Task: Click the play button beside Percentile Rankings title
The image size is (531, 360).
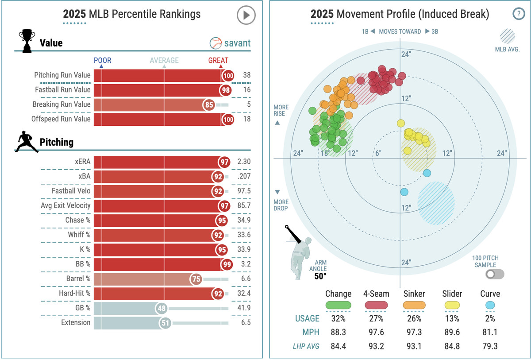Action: (x=246, y=15)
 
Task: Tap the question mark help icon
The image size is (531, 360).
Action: (x=518, y=14)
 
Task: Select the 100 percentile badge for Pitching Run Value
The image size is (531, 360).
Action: (x=228, y=76)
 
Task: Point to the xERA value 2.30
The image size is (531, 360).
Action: (x=244, y=162)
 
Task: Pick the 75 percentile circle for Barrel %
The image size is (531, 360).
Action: (x=196, y=279)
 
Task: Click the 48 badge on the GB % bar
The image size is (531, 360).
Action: (x=162, y=308)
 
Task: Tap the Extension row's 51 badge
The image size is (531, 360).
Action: (x=165, y=323)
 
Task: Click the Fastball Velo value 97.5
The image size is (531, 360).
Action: (x=244, y=191)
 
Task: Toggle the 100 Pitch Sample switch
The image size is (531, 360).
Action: (x=494, y=274)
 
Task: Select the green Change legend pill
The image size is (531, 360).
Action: (x=339, y=305)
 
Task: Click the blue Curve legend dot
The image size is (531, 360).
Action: (x=490, y=305)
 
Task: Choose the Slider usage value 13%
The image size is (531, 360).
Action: (x=452, y=318)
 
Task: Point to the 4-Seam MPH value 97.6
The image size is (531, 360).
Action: (x=377, y=332)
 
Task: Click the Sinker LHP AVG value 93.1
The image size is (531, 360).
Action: (x=414, y=345)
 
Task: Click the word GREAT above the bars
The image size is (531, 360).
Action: (x=218, y=61)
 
